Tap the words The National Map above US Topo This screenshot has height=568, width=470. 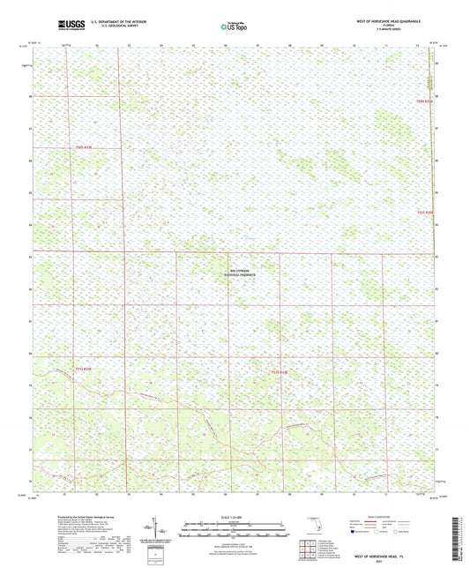233,22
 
